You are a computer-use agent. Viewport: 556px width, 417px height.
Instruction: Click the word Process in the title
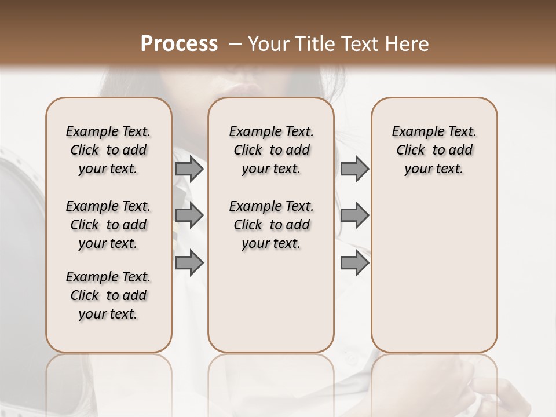pyautogui.click(x=179, y=44)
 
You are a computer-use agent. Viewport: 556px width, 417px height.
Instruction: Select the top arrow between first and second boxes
pyautogui.click(x=189, y=169)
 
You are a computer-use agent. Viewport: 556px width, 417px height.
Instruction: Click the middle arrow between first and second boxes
pyautogui.click(x=189, y=215)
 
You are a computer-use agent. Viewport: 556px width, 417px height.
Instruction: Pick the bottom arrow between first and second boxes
pyautogui.click(x=189, y=262)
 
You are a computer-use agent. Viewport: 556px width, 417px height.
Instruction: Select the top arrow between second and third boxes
pyautogui.click(x=354, y=169)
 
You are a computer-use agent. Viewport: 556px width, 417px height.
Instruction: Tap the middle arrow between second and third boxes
pyautogui.click(x=354, y=215)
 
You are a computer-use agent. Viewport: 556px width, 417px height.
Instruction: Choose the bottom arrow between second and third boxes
pyautogui.click(x=354, y=262)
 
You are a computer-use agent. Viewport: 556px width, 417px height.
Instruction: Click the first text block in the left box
pyautogui.click(x=108, y=150)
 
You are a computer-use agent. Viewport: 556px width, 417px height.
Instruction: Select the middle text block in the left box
pyautogui.click(x=108, y=225)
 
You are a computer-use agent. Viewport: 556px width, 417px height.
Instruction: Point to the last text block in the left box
pyautogui.click(x=108, y=295)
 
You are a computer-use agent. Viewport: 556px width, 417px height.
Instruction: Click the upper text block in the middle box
pyautogui.click(x=271, y=150)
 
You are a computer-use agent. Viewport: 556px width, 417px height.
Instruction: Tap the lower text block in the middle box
pyautogui.click(x=271, y=225)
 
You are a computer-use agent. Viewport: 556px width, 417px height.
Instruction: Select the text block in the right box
pyautogui.click(x=434, y=150)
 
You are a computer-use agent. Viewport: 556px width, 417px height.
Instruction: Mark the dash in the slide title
pyautogui.click(x=235, y=44)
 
